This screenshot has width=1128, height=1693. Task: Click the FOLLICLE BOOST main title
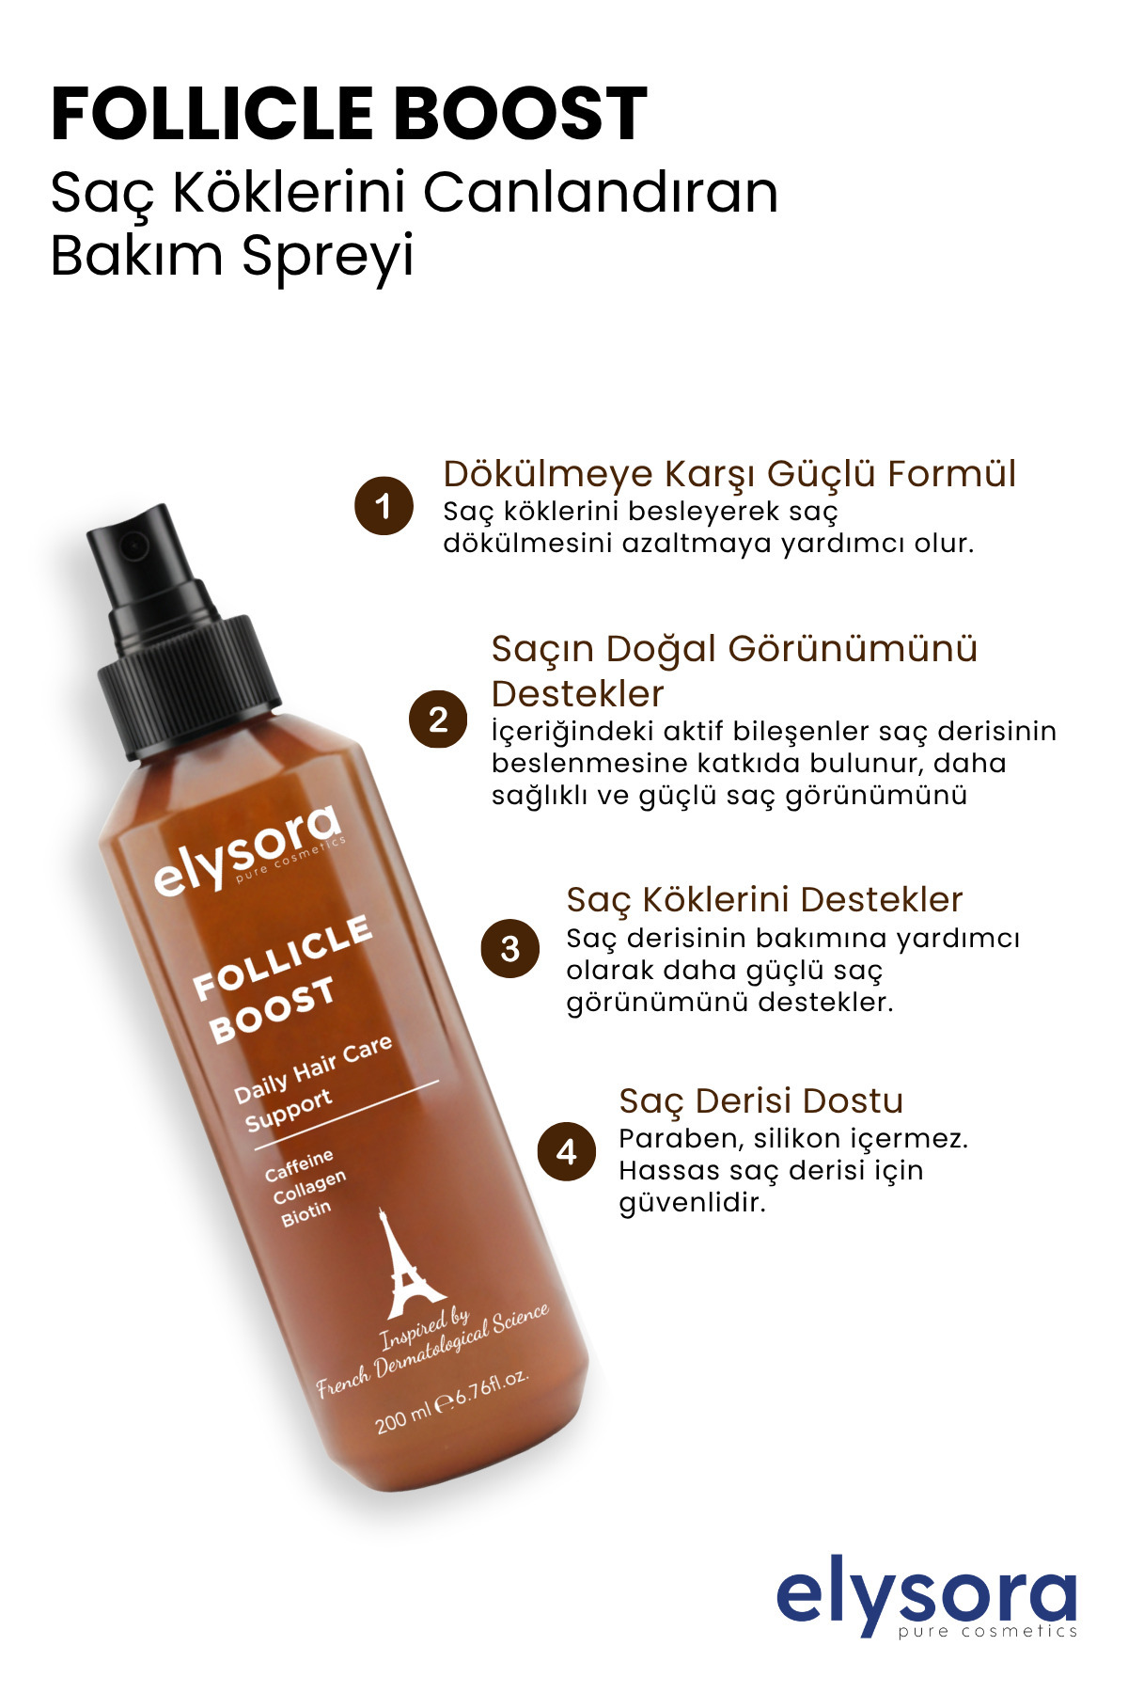tap(349, 114)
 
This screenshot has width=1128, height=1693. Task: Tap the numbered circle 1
tap(384, 506)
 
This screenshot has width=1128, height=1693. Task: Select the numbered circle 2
tap(438, 720)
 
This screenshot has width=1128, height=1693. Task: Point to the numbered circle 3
tap(510, 948)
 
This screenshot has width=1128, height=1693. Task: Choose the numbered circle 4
tap(567, 1151)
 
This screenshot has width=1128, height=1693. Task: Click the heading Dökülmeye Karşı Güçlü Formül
tap(729, 474)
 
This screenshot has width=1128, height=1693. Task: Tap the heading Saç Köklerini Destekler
tap(764, 900)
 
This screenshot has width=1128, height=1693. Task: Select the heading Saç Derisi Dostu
tap(760, 1100)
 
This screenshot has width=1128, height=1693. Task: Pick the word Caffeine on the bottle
tap(299, 1165)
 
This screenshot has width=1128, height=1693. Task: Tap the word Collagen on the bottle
tap(309, 1188)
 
